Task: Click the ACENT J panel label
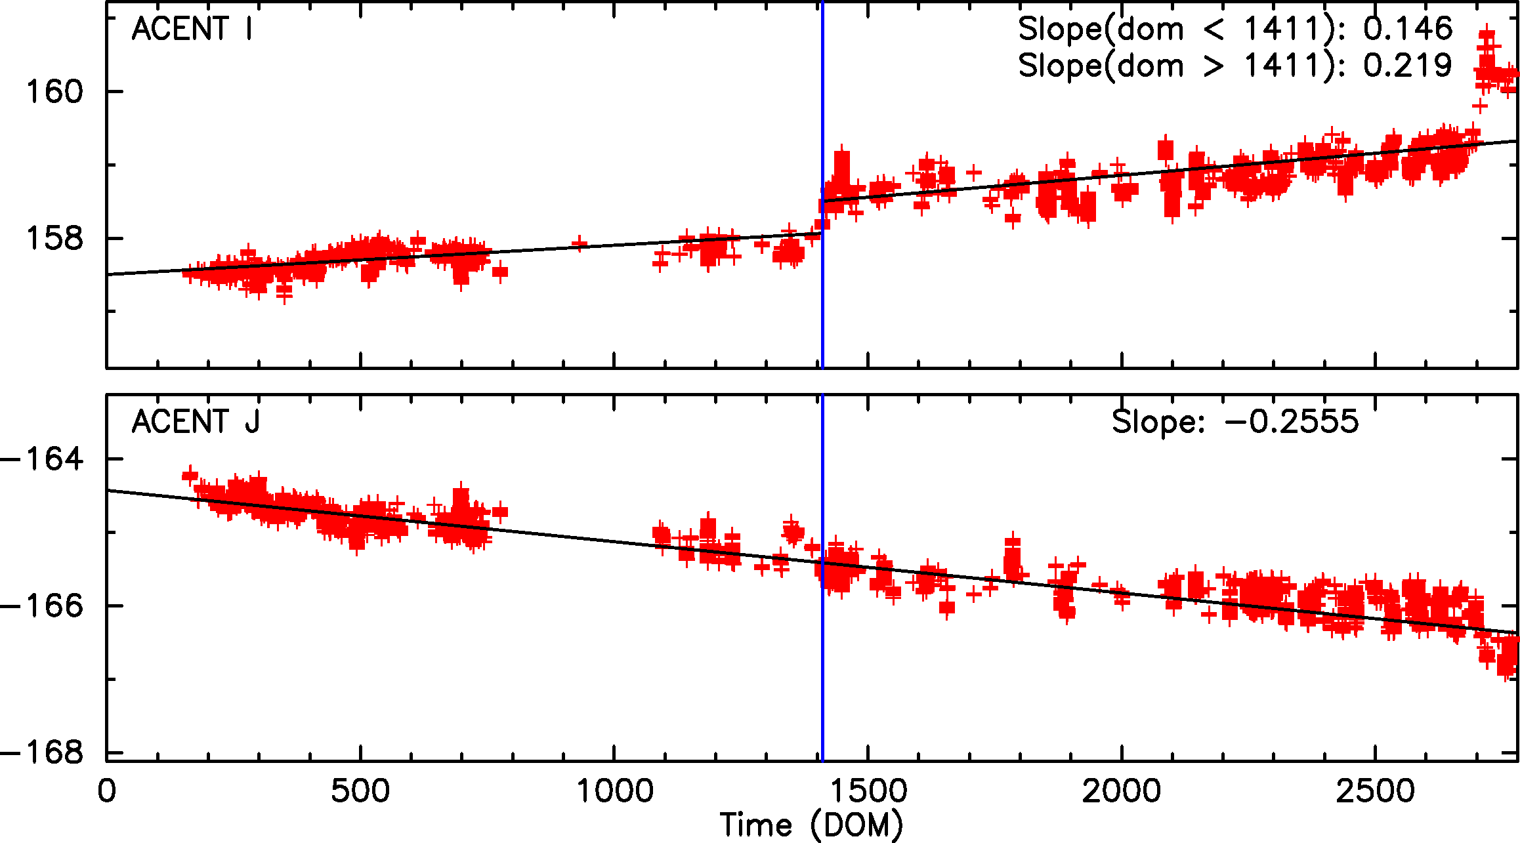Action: point(196,422)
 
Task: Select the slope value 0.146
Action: point(1408,29)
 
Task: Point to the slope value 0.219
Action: point(1408,66)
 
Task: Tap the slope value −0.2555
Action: point(1292,422)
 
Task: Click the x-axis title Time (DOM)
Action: point(811,825)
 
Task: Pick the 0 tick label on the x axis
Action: point(106,791)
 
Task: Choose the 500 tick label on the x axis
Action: point(360,791)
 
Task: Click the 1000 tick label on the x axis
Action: point(614,791)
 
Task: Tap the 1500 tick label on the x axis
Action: point(868,791)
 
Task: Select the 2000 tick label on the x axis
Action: point(1122,791)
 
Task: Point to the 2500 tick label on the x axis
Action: point(1376,791)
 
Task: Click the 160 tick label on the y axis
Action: point(55,91)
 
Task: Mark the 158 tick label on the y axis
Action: point(55,238)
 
